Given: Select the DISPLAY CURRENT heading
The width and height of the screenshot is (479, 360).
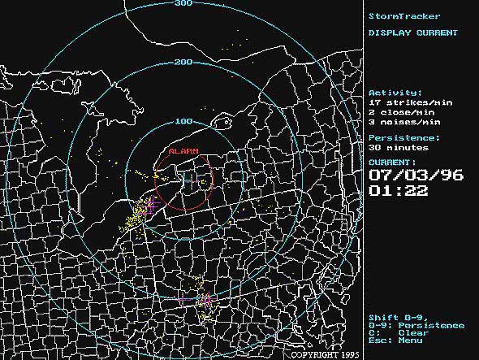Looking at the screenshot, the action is tap(412, 33).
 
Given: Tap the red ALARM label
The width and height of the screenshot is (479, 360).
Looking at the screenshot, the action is tap(183, 151).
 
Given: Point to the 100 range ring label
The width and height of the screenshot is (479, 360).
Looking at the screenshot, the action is tap(183, 121).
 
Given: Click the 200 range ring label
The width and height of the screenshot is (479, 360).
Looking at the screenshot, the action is tap(183, 63).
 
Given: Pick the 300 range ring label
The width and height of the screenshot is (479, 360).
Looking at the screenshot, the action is tap(183, 3).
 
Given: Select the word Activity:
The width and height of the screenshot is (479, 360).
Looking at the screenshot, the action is tap(395, 93).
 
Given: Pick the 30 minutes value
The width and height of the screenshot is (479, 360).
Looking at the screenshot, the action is tap(395, 148).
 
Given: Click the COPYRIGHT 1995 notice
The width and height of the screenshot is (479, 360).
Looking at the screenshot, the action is tap(324, 355).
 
